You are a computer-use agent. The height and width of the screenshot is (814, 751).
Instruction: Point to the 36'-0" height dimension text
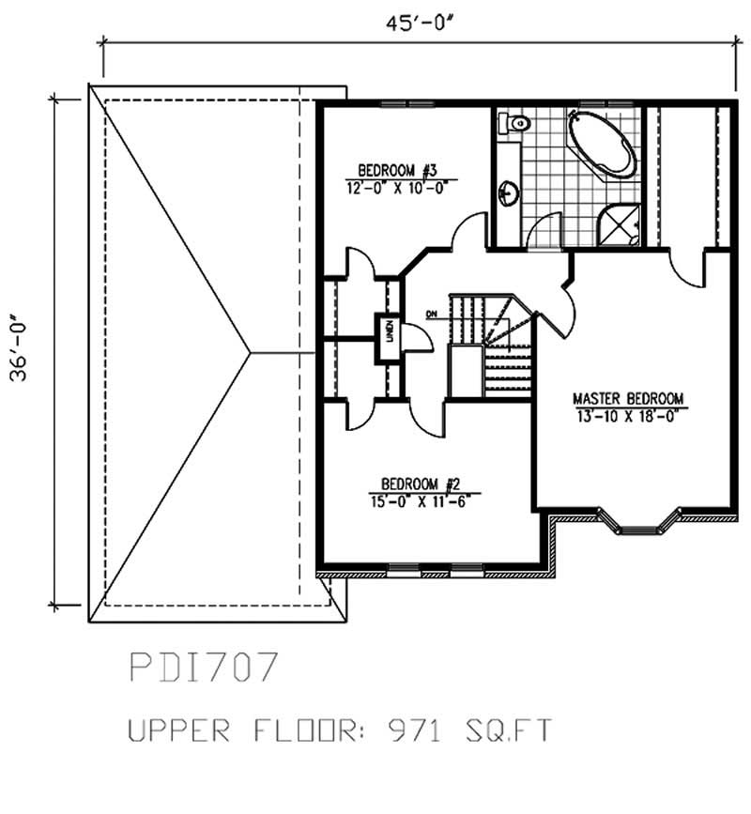tap(22, 348)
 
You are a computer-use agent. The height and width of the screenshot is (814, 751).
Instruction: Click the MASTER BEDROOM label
tap(629, 397)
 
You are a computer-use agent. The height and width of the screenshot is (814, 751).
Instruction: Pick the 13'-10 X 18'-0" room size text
tap(629, 414)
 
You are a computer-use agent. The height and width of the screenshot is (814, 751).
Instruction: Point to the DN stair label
tap(432, 314)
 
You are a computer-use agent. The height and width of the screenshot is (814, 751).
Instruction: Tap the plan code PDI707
tap(202, 668)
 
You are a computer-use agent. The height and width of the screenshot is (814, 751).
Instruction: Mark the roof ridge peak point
tap(250, 352)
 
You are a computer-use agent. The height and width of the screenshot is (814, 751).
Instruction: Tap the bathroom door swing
tap(544, 231)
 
